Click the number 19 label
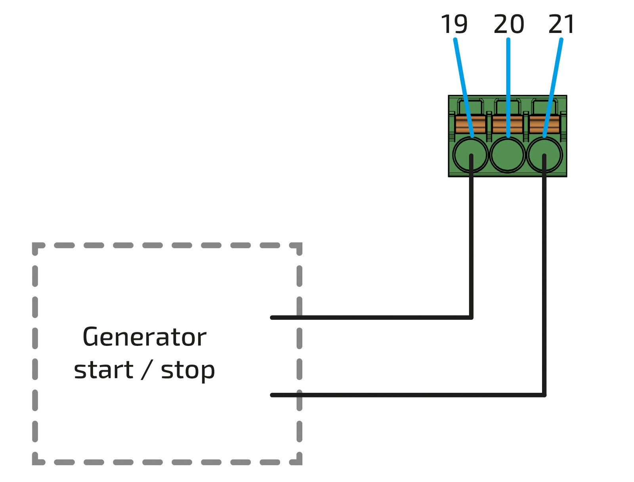click(x=454, y=25)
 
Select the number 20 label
click(x=509, y=25)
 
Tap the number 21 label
click(x=561, y=25)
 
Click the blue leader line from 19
click(x=462, y=79)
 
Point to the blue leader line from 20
click(x=508, y=79)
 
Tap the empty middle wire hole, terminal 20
click(x=508, y=155)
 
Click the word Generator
click(x=144, y=337)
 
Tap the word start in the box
click(x=103, y=370)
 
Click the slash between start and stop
click(x=147, y=370)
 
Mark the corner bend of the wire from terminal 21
click(x=544, y=395)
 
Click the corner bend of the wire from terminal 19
click(x=471, y=317)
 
